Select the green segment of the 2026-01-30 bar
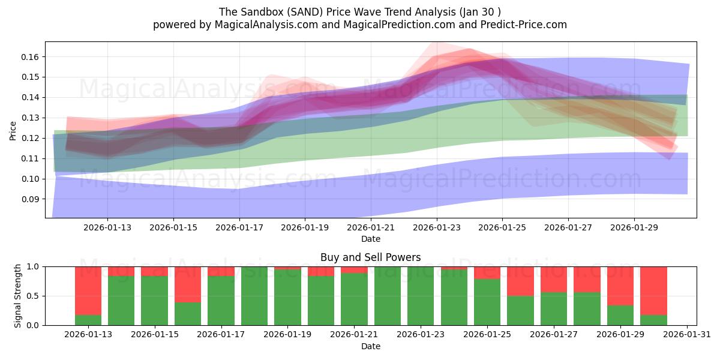[653, 320]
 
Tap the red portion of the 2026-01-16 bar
[188, 284]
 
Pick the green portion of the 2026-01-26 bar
[520, 310]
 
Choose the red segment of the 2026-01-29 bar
[620, 286]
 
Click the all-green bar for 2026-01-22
[387, 296]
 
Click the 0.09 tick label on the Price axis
[31, 199]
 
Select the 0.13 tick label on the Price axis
[31, 118]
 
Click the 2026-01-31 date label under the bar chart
[686, 334]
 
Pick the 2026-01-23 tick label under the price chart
[437, 227]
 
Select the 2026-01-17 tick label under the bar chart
[221, 334]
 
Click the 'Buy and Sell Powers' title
[370, 257]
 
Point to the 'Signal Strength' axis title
[18, 296]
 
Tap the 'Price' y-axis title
[13, 130]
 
